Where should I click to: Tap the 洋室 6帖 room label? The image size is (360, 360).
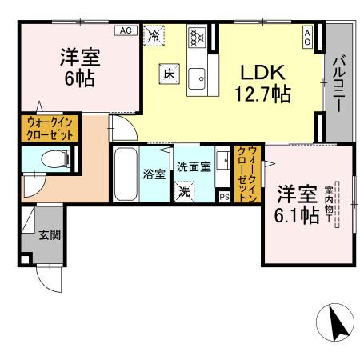[78, 68]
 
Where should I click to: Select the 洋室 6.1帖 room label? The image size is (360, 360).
[298, 205]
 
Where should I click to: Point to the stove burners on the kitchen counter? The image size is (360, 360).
[197, 37]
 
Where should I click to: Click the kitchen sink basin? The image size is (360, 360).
[197, 78]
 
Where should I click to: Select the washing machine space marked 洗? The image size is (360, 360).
[185, 192]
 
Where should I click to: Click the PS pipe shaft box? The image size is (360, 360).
[224, 195]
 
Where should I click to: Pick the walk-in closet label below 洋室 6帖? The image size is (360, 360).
[50, 128]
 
